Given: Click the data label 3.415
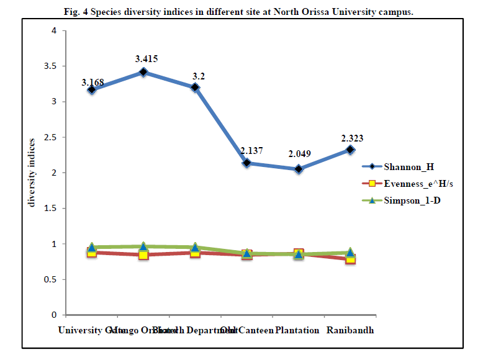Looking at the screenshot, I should [x=147, y=59].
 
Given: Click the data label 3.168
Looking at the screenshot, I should [x=93, y=83].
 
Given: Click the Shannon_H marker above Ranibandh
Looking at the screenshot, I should [x=350, y=150].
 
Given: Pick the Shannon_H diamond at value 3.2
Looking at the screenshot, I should [x=195, y=88].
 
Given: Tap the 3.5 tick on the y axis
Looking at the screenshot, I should [x=50, y=66].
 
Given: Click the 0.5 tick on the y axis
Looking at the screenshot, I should [x=50, y=280].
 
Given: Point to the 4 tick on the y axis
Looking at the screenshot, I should [x=54, y=30].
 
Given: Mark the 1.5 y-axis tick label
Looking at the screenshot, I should [x=50, y=209].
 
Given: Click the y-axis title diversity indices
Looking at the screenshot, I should [x=31, y=173].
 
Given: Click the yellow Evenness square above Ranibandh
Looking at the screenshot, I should [x=350, y=258].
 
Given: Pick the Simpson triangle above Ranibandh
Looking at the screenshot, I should [x=350, y=252].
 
